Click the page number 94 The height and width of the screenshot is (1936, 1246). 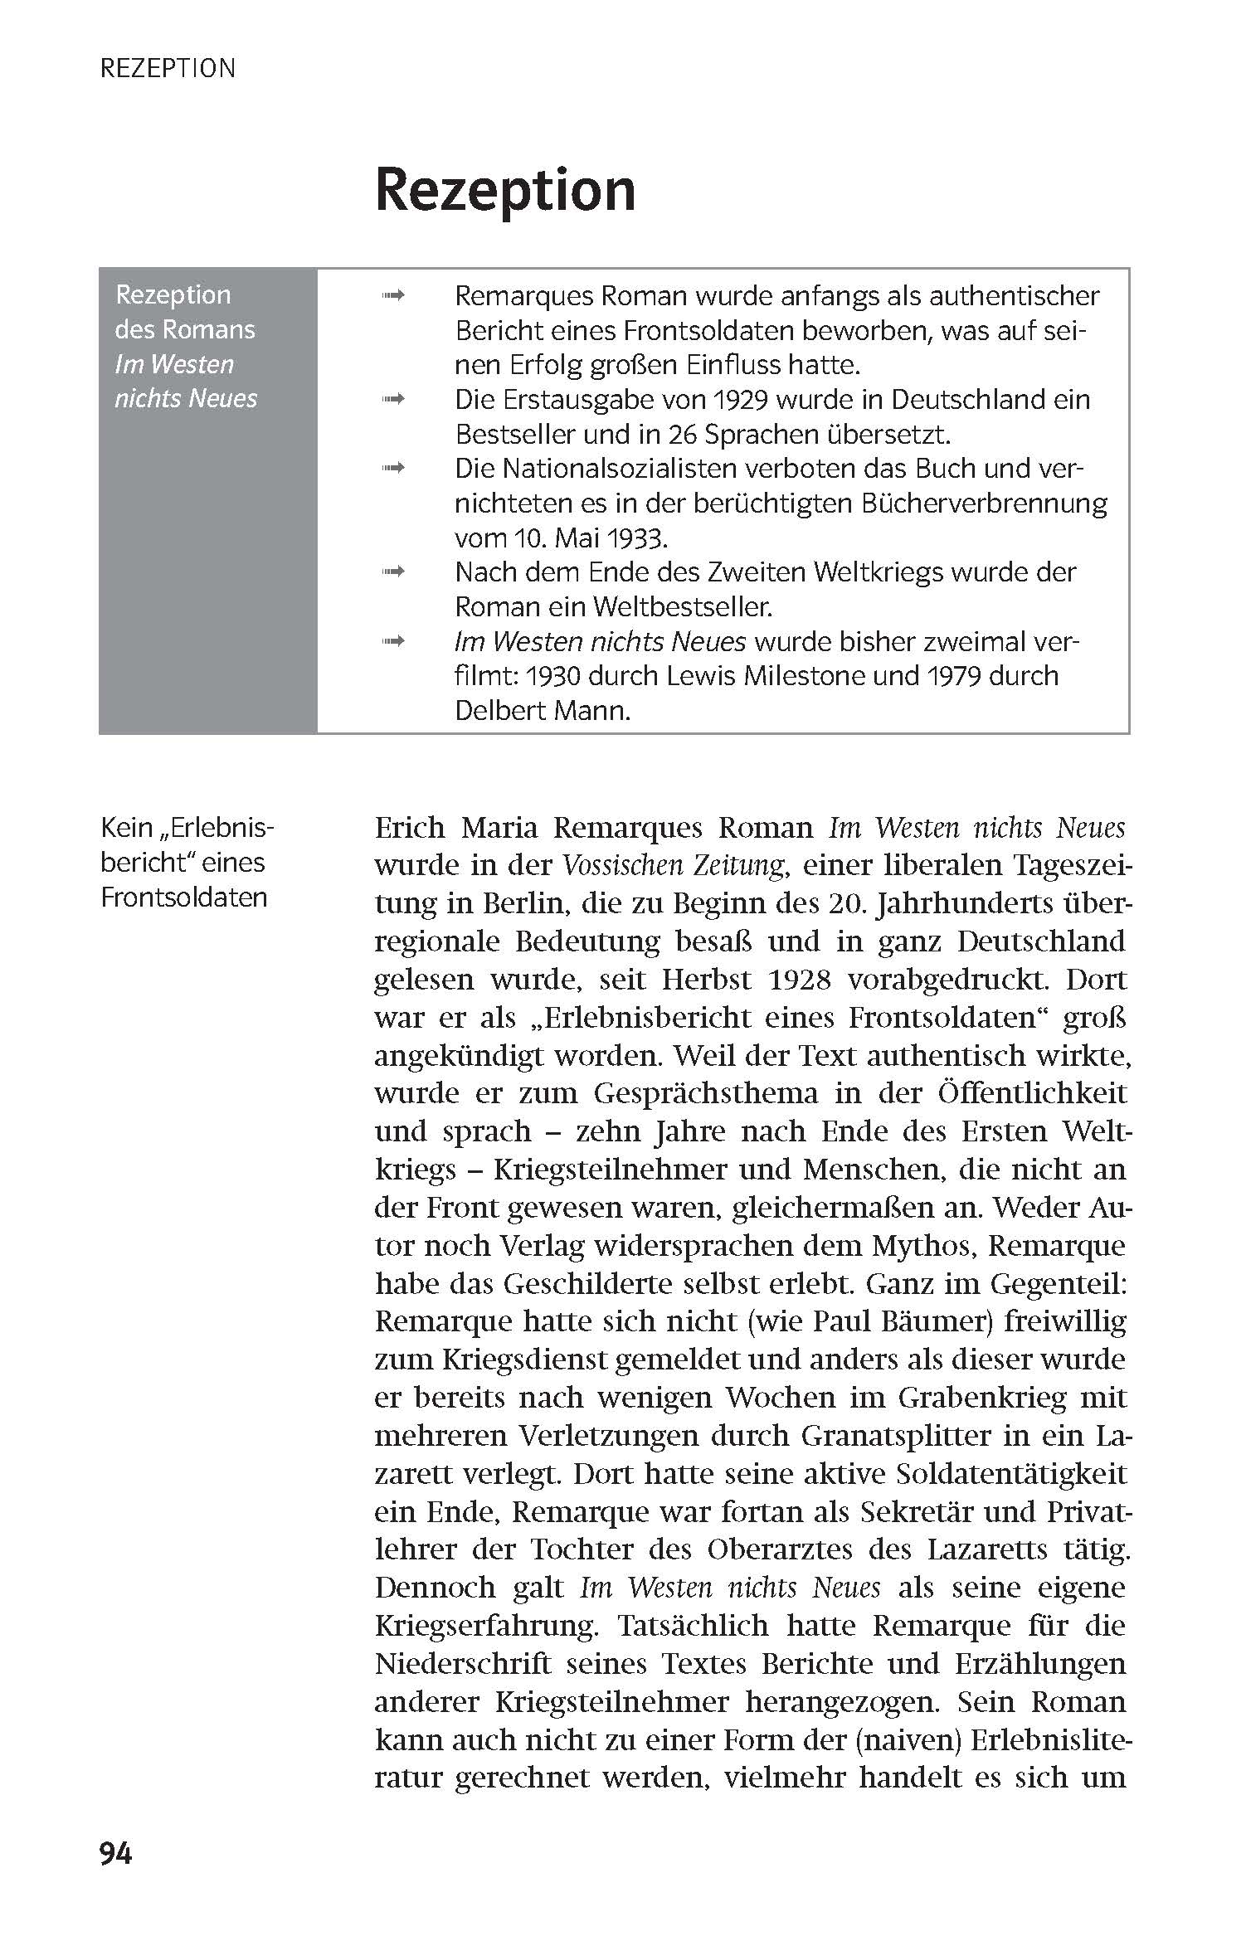[x=115, y=1853]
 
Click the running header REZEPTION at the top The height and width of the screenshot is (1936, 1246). [x=168, y=68]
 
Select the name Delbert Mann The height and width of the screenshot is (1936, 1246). [x=542, y=712]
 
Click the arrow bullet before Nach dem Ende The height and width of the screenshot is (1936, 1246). [x=392, y=572]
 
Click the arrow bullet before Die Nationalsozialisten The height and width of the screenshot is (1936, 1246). [x=392, y=469]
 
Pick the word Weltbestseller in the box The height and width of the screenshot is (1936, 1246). [x=681, y=607]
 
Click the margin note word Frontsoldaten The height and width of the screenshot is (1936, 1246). [x=183, y=897]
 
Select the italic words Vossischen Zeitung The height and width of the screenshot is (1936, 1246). [x=673, y=866]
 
